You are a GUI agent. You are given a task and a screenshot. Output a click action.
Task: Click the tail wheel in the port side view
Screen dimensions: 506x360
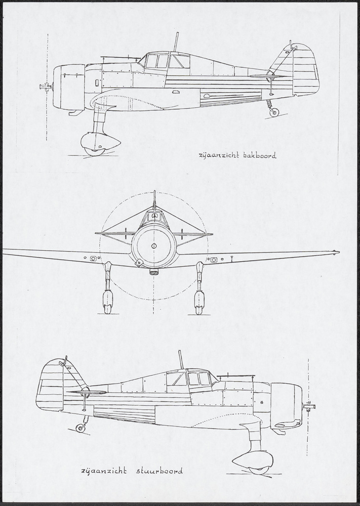point(274,112)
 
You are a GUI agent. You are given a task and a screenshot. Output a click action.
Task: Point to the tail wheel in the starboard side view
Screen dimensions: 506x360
point(81,428)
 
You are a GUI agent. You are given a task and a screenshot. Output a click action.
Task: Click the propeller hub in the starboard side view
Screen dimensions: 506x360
point(309,406)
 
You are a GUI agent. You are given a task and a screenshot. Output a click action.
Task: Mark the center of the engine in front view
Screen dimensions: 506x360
point(154,246)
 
